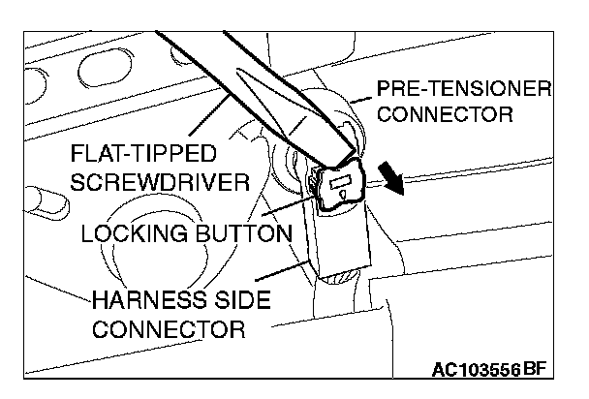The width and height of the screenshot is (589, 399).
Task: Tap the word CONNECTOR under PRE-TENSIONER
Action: click(x=444, y=115)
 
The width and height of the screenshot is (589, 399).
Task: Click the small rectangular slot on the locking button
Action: click(x=343, y=182)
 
